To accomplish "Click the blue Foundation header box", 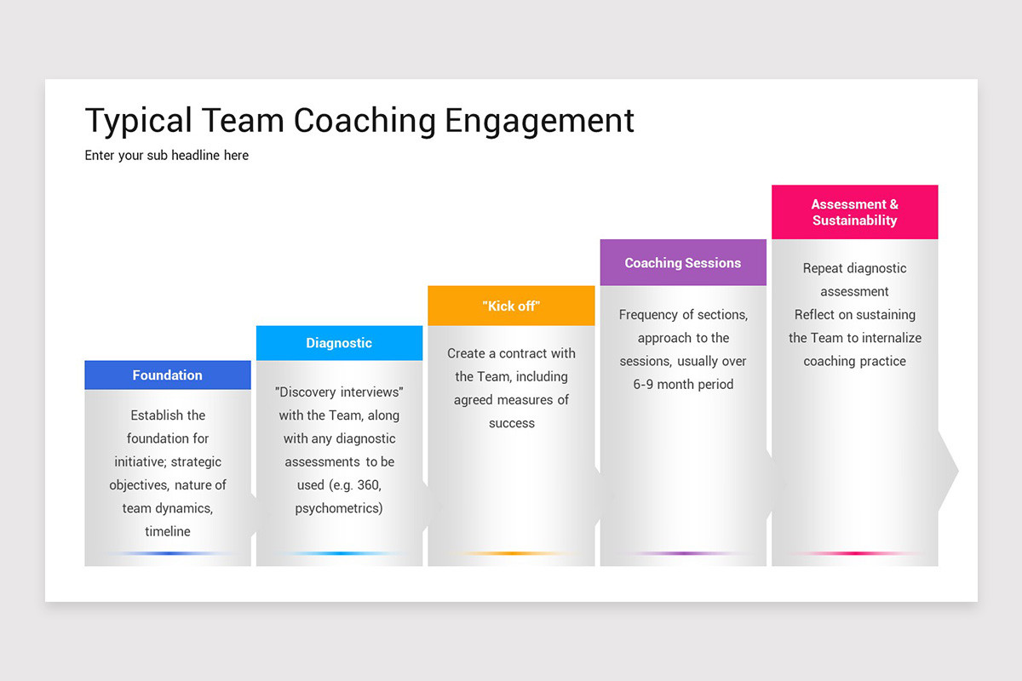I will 168,375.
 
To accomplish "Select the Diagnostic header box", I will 339,343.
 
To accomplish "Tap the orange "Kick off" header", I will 511,306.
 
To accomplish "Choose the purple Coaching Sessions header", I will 683,263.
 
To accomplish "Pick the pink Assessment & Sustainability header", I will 854,212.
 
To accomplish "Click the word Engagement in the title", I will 539,121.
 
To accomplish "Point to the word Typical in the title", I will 139,121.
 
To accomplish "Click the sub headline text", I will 167,156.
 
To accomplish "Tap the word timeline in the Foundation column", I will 168,531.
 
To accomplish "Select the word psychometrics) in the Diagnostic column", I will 339,508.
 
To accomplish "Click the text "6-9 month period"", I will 683,384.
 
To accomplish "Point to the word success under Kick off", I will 511,423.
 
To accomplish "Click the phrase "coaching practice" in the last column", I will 854,361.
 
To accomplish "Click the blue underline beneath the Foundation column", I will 168,553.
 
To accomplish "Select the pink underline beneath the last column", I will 854,553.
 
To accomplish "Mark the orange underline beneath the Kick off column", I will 511,553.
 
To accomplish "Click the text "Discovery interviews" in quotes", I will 339,392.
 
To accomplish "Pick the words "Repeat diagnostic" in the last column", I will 854,268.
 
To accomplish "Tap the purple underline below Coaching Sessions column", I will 683,553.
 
